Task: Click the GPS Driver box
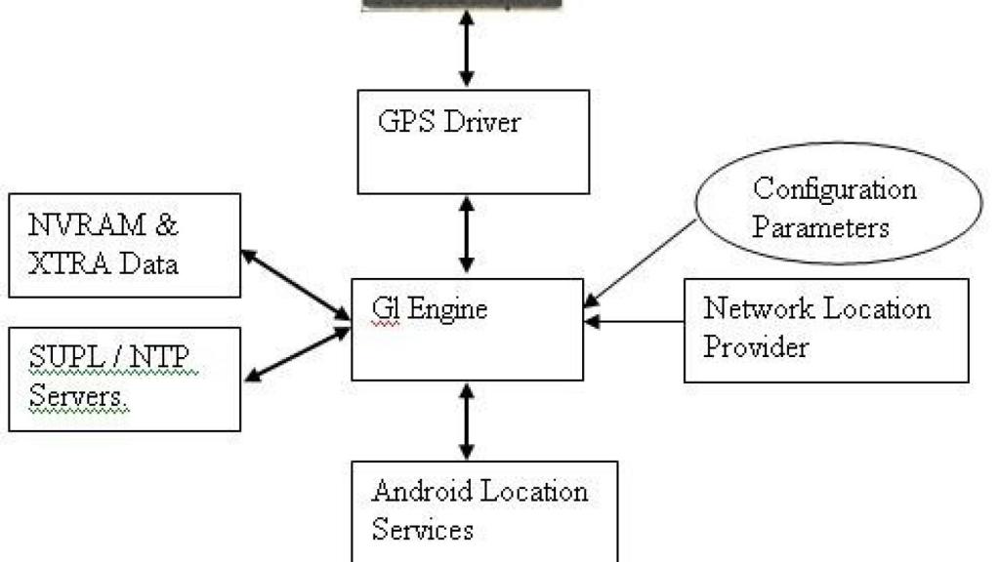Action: (474, 141)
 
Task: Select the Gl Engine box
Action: (467, 329)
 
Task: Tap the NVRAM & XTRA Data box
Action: (124, 245)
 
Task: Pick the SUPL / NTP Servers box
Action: (124, 379)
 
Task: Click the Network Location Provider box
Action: (826, 330)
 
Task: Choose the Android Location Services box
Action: (484, 510)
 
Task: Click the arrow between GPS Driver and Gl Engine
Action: (467, 235)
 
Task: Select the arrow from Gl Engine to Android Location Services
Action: (467, 421)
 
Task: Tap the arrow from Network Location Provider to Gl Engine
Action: (635, 320)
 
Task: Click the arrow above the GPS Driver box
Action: (467, 49)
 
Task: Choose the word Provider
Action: (756, 346)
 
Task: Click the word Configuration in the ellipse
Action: (835, 188)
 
